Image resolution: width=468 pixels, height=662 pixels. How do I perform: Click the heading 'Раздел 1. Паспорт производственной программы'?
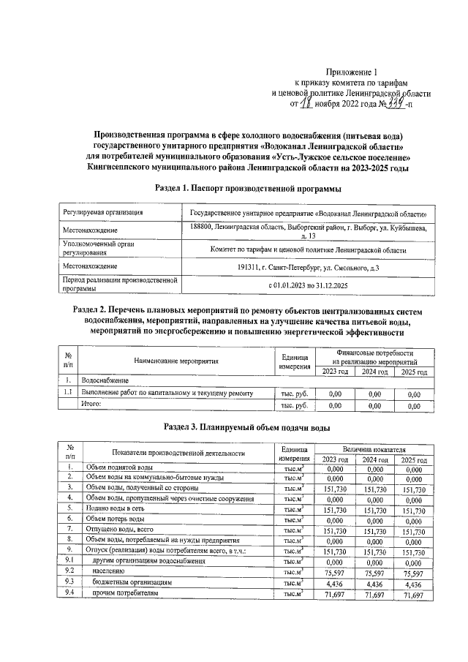(248, 189)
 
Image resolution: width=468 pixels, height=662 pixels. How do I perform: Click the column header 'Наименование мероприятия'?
(176, 361)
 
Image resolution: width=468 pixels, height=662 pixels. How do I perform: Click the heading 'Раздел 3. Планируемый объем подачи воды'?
(248, 426)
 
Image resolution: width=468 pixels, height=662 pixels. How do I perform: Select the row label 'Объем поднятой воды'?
(118, 467)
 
